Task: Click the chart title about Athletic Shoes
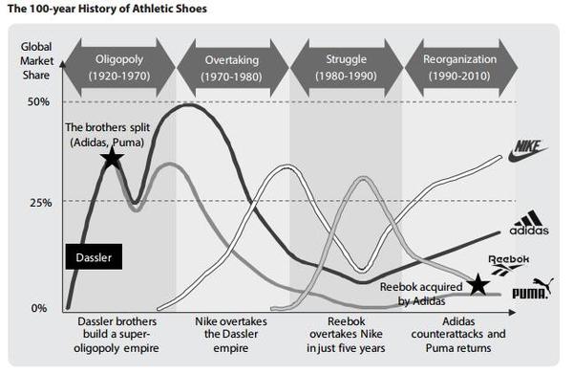(107, 9)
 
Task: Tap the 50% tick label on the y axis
(38, 101)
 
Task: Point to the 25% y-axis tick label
(40, 203)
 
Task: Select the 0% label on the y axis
(39, 308)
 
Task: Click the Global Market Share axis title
(36, 61)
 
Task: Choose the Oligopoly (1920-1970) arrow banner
(119, 68)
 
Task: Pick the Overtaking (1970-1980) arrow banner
(232, 68)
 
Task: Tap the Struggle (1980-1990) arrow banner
(346, 68)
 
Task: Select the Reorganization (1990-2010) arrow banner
(460, 68)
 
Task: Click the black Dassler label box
(94, 257)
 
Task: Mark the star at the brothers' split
(112, 158)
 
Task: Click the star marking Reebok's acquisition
(478, 285)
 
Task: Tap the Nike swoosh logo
(528, 151)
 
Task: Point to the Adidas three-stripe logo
(529, 223)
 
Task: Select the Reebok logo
(509, 265)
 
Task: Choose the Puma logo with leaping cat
(533, 289)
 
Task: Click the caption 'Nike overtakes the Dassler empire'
(231, 335)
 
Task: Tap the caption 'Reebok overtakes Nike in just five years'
(346, 335)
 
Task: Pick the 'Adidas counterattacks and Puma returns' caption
(458, 335)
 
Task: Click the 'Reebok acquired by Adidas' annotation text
(421, 294)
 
